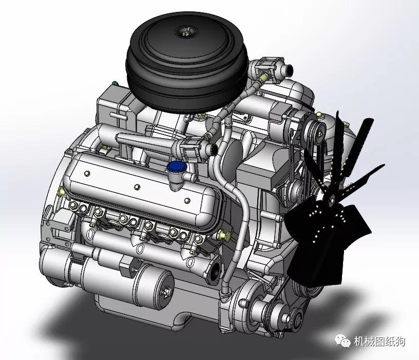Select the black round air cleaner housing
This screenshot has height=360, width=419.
(187, 62)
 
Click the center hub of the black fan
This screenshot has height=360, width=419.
(332, 199)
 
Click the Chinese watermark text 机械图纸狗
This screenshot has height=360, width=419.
(379, 342)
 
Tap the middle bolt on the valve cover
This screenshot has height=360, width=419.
(137, 186)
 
